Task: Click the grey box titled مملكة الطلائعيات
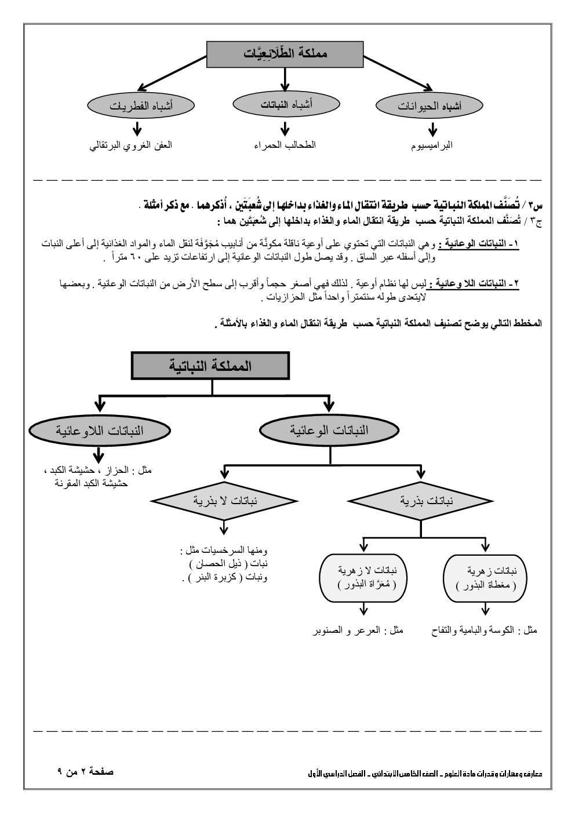coord(285,54)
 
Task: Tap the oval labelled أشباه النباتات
coord(285,105)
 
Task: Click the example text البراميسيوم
coord(430,145)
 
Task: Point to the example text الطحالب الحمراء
coord(285,145)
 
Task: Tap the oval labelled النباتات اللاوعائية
coord(100,431)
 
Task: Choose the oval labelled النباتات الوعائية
coord(331,431)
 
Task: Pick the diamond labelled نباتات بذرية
coord(419,501)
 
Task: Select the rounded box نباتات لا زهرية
coord(363,578)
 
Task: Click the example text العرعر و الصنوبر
coord(358,630)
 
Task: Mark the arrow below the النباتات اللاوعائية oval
coord(99,455)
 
